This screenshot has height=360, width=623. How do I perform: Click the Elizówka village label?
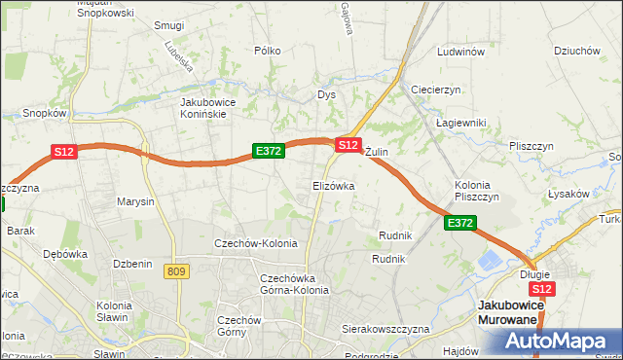[333, 185]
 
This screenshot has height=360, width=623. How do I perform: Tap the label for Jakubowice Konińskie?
[217, 107]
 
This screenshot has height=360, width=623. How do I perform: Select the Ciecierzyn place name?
[435, 89]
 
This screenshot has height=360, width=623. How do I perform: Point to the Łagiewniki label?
[460, 123]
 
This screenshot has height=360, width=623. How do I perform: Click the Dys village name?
[326, 94]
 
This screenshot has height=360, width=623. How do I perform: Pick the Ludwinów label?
[461, 52]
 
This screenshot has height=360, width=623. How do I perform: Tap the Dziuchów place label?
[574, 52]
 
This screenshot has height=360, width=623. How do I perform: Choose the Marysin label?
[135, 202]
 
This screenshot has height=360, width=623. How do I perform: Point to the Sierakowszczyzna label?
[385, 329]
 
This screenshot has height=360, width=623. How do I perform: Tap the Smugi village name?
[169, 25]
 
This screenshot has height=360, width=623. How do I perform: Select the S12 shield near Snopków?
[64, 152]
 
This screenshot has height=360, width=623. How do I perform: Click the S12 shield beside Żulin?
[348, 144]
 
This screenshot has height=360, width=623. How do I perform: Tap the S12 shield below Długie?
[542, 289]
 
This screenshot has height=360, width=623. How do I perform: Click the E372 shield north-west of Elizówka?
[268, 151]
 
